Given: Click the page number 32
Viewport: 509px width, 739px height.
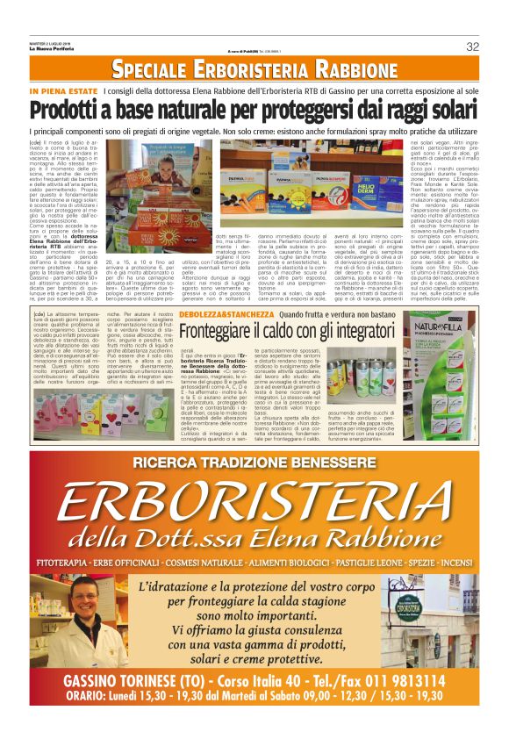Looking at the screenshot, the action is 472,46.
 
